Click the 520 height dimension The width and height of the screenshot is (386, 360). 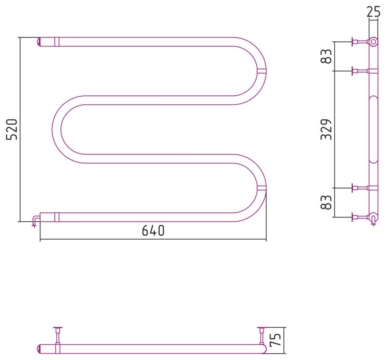(x=12, y=130)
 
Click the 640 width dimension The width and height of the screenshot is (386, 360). (x=153, y=231)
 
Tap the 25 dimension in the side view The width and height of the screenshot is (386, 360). (x=373, y=12)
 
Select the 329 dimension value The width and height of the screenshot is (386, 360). (x=326, y=129)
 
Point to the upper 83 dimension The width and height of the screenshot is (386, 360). (x=326, y=56)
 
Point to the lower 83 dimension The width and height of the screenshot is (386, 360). (x=326, y=202)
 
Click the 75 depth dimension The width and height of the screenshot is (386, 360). (x=275, y=340)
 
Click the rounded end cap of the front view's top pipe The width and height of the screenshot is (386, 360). (x=39, y=42)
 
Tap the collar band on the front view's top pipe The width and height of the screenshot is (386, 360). (x=57, y=42)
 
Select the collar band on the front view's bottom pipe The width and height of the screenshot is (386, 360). (x=57, y=217)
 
